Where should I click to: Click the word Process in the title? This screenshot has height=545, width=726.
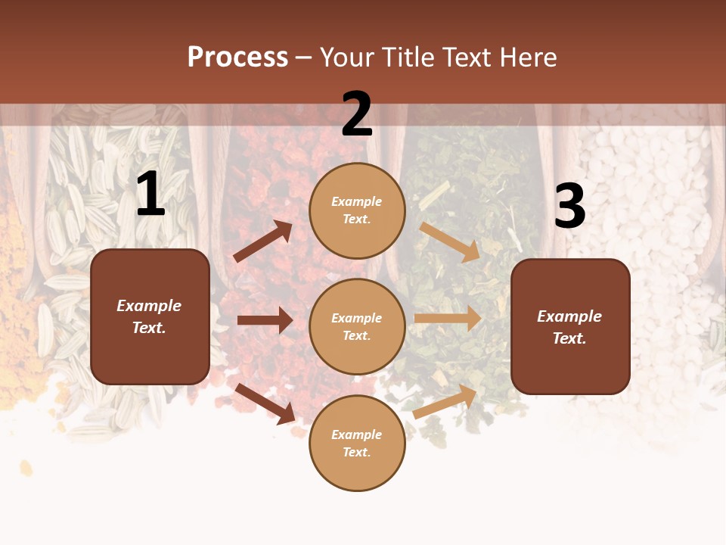pyautogui.click(x=237, y=58)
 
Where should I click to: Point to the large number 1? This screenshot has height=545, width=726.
pyautogui.click(x=150, y=195)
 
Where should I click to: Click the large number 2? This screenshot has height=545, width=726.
pyautogui.click(x=357, y=114)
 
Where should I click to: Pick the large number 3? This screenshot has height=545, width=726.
pyautogui.click(x=569, y=207)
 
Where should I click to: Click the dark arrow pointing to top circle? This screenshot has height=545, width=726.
pyautogui.click(x=263, y=241)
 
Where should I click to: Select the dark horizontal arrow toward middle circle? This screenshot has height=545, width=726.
pyautogui.click(x=265, y=320)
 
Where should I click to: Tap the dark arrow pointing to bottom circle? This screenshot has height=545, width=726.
pyautogui.click(x=265, y=403)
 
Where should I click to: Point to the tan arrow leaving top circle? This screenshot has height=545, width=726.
pyautogui.click(x=450, y=241)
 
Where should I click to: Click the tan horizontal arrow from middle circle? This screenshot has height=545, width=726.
pyautogui.click(x=448, y=319)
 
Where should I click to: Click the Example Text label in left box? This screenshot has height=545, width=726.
pyautogui.click(x=150, y=316)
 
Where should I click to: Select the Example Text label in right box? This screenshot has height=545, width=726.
pyautogui.click(x=570, y=327)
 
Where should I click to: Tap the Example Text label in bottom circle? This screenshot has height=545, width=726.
pyautogui.click(x=357, y=443)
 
